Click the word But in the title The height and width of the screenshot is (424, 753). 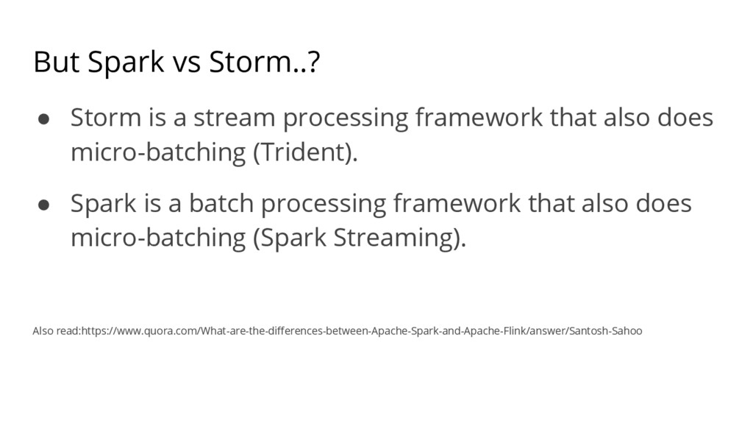pos(56,62)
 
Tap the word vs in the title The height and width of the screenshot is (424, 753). pos(186,63)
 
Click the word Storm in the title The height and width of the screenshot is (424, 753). pos(251,62)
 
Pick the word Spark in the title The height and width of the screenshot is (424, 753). pos(126,63)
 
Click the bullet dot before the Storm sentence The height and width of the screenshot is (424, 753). pos(43,119)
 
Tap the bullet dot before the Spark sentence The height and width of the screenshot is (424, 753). pos(43,205)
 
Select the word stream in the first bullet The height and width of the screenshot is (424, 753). pos(235,118)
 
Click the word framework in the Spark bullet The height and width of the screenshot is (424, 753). pos(457,203)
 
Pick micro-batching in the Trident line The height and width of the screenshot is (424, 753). pos(158,153)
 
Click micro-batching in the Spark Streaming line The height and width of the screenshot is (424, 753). pos(158,239)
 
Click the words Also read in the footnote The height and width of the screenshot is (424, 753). pos(57,331)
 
